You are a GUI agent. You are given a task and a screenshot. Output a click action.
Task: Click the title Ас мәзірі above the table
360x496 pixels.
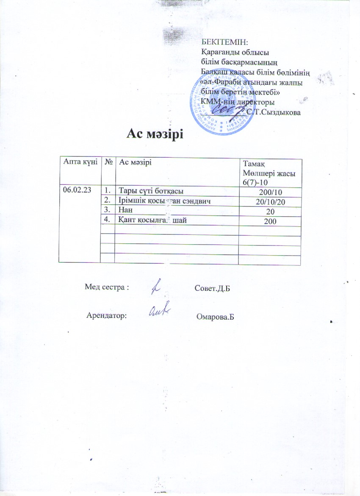point(155,134)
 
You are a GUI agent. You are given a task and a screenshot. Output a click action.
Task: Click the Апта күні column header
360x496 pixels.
point(80,162)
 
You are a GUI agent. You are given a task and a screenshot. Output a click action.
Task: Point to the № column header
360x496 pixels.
point(108,162)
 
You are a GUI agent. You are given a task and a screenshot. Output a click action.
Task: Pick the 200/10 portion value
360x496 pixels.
point(270,192)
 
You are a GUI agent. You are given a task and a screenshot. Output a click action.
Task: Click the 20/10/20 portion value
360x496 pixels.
point(270,202)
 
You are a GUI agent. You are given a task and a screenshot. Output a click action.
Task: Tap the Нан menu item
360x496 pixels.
point(125,210)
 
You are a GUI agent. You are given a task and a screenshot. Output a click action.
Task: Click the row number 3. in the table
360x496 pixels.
point(108,211)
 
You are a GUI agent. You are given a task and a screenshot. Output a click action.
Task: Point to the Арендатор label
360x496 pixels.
point(107,315)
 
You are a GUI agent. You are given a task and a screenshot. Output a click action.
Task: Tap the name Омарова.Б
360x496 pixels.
point(216,317)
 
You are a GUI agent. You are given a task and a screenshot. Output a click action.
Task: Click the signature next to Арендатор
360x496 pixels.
point(160,311)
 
